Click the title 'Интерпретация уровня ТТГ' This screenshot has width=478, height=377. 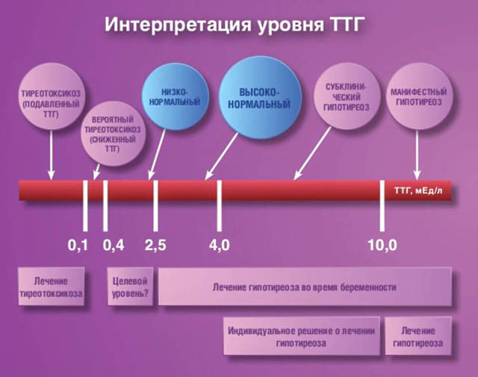(x=235, y=25)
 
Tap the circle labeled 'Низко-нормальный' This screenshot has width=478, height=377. (x=175, y=97)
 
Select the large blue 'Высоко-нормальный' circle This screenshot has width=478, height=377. (x=260, y=97)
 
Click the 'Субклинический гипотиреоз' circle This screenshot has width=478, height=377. (x=347, y=96)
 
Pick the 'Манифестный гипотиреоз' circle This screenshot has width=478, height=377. (x=419, y=96)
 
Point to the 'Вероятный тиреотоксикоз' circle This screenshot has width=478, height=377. (x=113, y=134)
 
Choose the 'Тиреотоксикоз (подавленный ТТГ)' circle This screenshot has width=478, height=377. (x=52, y=97)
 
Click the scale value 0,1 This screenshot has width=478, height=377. (x=78, y=245)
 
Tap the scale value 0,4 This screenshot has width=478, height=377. (x=114, y=245)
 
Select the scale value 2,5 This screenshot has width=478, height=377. (x=155, y=245)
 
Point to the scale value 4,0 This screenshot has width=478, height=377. (x=219, y=245)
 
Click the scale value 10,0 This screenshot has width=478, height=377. (x=382, y=245)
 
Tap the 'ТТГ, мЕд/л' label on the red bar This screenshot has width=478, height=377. (x=418, y=191)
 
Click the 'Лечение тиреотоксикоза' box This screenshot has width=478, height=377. (x=51, y=287)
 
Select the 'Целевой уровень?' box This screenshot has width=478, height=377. (x=130, y=287)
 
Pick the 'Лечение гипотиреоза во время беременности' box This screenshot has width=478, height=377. (x=305, y=287)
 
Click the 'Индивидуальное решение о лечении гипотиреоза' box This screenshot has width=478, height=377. (x=302, y=336)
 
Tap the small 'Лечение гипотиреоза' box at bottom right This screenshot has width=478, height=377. (x=418, y=336)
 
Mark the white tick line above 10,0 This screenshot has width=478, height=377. (x=382, y=206)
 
